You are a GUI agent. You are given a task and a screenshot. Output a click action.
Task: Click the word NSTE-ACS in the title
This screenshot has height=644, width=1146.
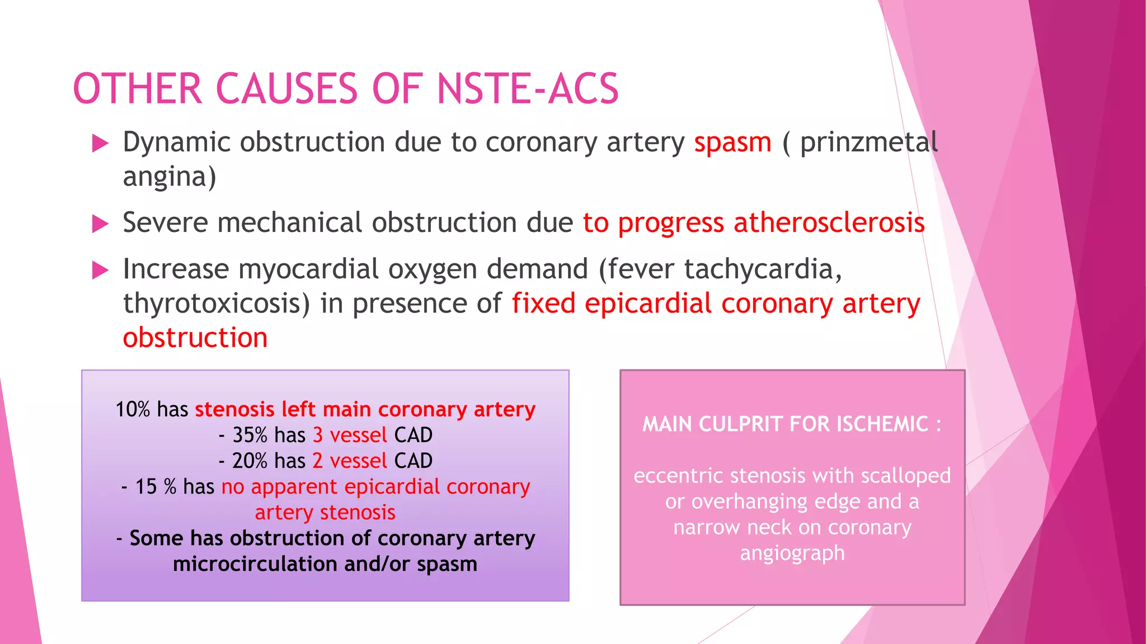point(528,89)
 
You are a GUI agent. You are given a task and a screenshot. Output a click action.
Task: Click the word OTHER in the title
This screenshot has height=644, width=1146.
point(137,89)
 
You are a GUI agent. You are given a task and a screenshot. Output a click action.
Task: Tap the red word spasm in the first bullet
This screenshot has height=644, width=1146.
point(732,143)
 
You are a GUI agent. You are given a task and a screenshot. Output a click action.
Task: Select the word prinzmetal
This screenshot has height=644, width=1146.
point(868,143)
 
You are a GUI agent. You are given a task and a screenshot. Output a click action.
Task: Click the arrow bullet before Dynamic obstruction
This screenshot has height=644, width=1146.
point(100,143)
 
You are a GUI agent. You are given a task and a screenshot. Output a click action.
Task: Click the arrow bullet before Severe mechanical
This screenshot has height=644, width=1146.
point(100,224)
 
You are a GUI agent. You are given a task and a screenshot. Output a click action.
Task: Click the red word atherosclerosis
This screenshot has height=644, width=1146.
point(829,223)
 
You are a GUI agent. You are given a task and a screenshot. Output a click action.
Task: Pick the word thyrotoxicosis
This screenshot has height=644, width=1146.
point(216,304)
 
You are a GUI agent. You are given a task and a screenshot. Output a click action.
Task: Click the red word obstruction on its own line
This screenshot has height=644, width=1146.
point(195,338)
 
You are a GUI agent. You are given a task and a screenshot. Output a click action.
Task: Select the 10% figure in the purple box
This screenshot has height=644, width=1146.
point(133,410)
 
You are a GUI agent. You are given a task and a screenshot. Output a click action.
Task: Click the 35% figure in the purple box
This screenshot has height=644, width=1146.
point(250,435)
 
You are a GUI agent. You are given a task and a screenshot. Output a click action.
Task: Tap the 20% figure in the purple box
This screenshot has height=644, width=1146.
point(250,461)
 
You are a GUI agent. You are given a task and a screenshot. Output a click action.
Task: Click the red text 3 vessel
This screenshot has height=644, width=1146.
point(349,435)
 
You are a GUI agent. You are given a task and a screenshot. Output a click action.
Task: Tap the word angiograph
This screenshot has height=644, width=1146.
point(792,553)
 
